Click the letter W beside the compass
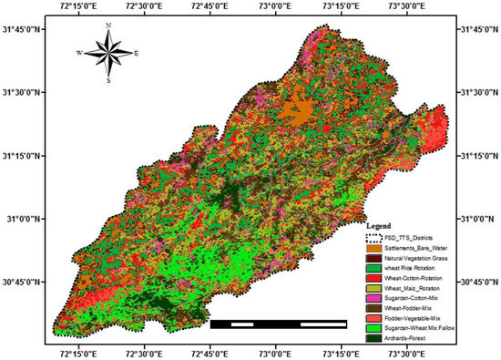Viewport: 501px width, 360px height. [x=80, y=54]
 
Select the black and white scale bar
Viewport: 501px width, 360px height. [x=278, y=323]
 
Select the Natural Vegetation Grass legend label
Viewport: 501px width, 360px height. [x=418, y=260]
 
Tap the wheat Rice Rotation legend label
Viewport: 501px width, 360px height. [x=413, y=271]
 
